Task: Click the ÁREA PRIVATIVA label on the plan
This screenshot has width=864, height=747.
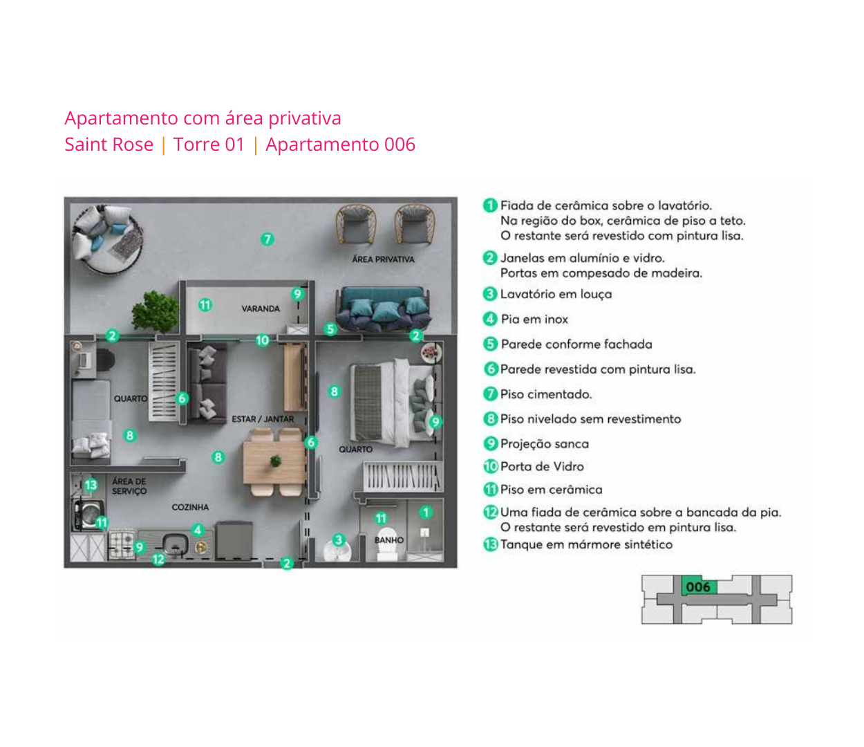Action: tap(383, 259)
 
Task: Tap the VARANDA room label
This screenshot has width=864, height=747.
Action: tap(261, 308)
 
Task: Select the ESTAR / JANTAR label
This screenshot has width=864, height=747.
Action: tap(263, 419)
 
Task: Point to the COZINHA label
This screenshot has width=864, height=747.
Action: tap(190, 507)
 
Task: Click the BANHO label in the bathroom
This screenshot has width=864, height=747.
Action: tap(389, 539)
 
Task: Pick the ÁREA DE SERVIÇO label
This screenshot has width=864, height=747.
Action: tap(129, 486)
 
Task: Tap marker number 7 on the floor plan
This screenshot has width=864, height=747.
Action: tap(267, 239)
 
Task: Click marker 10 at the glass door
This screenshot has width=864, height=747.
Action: tap(262, 340)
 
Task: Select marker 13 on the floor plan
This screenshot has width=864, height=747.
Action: tap(91, 485)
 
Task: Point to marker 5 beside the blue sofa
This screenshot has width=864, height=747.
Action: tap(330, 329)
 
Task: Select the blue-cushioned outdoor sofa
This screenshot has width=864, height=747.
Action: tap(382, 309)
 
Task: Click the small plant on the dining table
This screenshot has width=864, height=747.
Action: tap(276, 461)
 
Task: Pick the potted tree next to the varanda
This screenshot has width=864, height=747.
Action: tap(155, 311)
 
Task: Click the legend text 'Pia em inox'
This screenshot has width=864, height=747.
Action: tap(534, 319)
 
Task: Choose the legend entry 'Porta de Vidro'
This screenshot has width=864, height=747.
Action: tap(542, 467)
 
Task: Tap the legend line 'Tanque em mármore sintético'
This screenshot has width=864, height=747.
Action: tap(586, 544)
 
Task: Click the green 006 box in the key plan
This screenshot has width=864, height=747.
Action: tap(698, 587)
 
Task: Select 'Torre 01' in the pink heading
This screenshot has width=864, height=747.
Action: tap(209, 145)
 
